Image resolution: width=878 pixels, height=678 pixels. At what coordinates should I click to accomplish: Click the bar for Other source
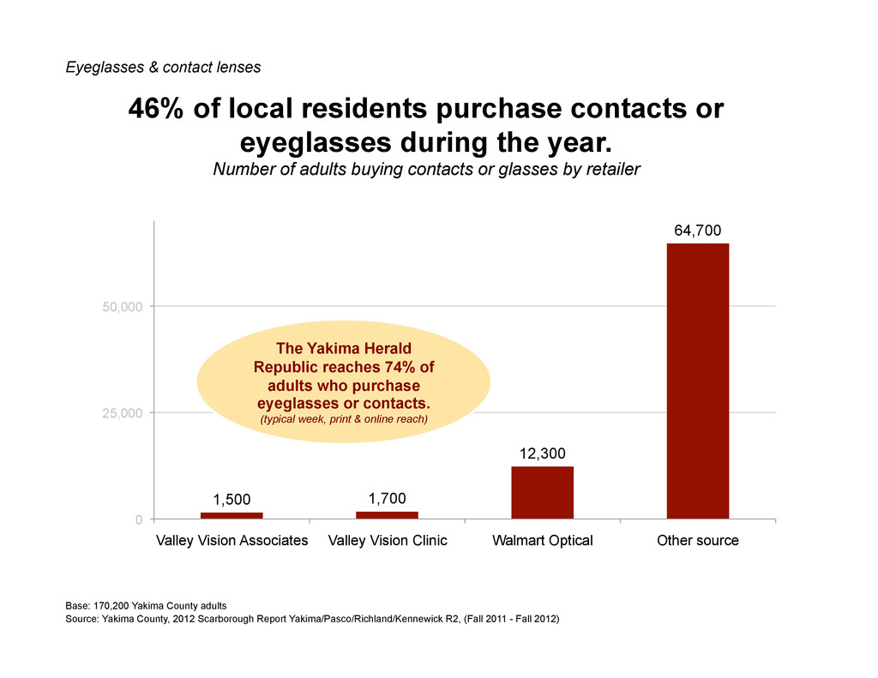698,381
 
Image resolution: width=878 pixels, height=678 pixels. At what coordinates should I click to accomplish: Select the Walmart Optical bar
542,493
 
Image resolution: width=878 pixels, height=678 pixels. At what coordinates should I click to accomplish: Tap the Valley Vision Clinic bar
387,515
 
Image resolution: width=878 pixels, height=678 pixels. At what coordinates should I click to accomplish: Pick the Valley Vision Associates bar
232,516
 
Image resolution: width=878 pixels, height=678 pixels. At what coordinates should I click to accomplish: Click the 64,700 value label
698,231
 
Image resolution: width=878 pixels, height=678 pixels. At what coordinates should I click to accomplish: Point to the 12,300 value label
542,453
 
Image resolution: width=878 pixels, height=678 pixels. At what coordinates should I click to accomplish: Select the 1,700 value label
387,498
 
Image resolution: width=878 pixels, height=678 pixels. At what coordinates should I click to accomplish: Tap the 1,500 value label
232,500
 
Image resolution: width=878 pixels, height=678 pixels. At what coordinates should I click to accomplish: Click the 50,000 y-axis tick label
123,307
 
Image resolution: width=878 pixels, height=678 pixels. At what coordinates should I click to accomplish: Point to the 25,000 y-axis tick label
123,413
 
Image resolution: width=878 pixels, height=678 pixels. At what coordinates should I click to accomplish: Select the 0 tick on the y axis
139,520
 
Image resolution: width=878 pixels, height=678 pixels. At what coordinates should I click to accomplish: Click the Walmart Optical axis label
543,540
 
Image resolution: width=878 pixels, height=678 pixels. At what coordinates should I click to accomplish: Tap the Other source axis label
698,540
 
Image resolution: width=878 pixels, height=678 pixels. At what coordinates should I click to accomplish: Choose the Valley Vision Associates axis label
232,540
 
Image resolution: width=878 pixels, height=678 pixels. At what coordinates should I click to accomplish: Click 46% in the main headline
156,108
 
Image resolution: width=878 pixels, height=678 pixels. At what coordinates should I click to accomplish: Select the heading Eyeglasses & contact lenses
163,67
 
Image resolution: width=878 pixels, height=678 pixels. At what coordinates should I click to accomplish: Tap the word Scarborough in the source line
226,619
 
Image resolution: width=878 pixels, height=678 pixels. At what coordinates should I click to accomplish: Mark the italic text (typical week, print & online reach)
344,419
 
